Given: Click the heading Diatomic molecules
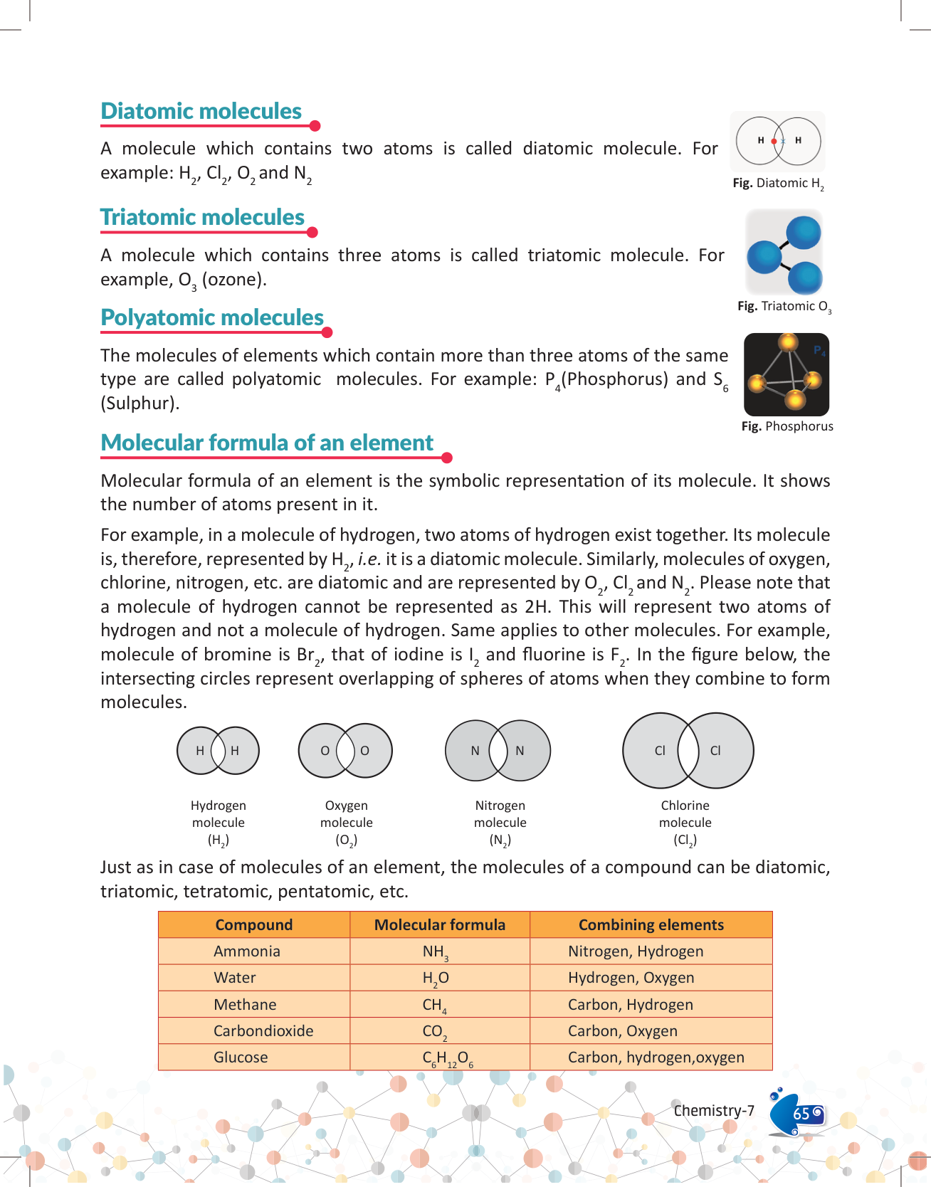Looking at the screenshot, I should pyautogui.click(x=201, y=112).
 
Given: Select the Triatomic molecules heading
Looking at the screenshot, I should pyautogui.click(x=202, y=218).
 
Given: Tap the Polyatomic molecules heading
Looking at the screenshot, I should pyautogui.click(x=212, y=318).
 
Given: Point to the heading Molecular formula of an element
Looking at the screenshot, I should pyautogui.click(x=267, y=443).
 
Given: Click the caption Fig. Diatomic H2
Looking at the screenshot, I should pyautogui.click(x=778, y=184).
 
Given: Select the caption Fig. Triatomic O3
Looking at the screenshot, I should pyautogui.click(x=784, y=307).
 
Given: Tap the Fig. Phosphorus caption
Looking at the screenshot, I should pyautogui.click(x=787, y=426).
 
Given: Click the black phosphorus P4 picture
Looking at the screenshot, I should pyautogui.click(x=787, y=374).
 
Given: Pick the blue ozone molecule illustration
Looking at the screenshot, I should pyautogui.click(x=784, y=253).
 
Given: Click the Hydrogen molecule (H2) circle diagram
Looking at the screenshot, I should pyautogui.click(x=218, y=750).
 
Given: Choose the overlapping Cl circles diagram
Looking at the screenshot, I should pyautogui.click(x=688, y=751).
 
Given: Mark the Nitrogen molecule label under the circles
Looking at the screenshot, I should pyautogui.click(x=500, y=823).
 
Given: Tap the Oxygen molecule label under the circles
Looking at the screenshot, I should pyautogui.click(x=347, y=823).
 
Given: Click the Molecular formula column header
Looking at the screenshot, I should pyautogui.click(x=440, y=925).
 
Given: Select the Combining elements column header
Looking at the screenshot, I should pyautogui.click(x=651, y=925).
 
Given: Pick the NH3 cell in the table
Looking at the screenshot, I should pyautogui.click(x=435, y=952).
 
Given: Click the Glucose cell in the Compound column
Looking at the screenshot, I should pyautogui.click(x=241, y=1057).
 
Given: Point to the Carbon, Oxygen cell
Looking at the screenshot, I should pyautogui.click(x=623, y=1031).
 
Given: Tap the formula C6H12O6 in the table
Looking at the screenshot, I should pyautogui.click(x=448, y=1059).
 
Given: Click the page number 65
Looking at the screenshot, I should pyautogui.click(x=801, y=1114).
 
